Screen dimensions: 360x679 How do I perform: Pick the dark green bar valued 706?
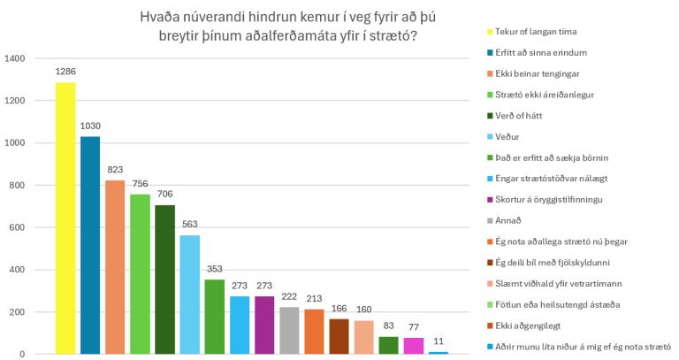[x=165, y=280]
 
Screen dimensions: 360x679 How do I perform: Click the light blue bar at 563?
[x=190, y=295]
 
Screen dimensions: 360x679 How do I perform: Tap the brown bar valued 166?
[x=339, y=337]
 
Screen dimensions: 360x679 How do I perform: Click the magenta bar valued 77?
[x=414, y=346]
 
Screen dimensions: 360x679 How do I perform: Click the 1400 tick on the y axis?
[x=14, y=58]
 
